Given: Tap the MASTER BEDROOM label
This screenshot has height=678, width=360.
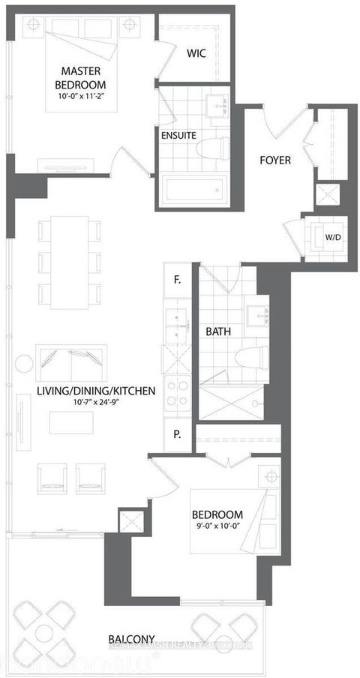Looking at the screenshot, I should click(83, 77).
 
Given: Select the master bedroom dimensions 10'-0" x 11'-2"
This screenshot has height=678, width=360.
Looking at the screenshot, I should click(83, 96).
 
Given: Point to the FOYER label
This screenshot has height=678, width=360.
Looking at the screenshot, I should click(275, 160).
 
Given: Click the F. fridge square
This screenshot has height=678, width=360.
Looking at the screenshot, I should click(177, 281).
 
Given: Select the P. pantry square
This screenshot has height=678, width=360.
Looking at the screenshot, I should click(177, 433).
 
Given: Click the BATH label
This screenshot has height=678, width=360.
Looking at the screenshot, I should click(218, 331).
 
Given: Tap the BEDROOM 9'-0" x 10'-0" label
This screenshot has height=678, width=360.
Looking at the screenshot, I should click(217, 520).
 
